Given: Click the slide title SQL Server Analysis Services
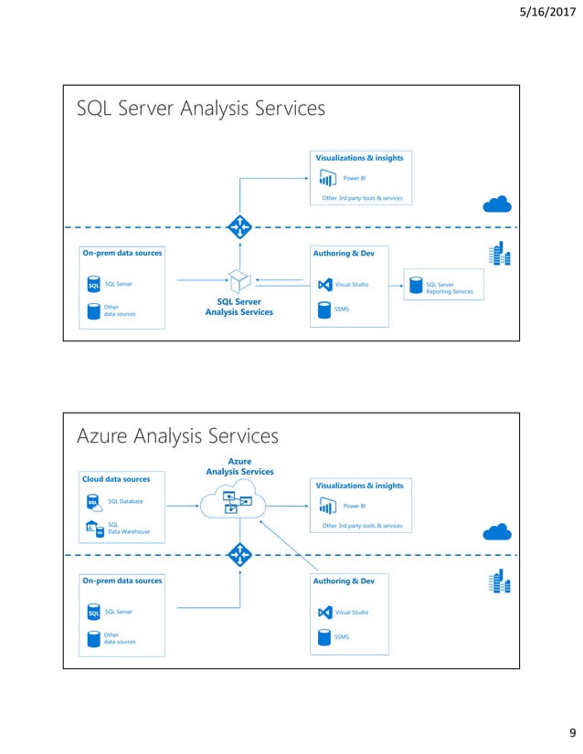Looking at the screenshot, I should (200, 109).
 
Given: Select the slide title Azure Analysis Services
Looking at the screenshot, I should (177, 436).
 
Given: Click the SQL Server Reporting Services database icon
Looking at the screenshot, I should (416, 286).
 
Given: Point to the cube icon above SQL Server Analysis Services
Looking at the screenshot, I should (238, 279).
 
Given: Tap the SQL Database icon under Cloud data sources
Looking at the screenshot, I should (93, 501).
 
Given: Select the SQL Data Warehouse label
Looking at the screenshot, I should (128, 528).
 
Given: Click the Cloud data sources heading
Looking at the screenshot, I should (117, 478).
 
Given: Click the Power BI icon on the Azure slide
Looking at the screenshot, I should (324, 505).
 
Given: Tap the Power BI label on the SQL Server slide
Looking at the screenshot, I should (354, 178).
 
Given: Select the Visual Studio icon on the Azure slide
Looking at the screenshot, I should (323, 613).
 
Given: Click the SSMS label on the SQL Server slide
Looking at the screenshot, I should (343, 309).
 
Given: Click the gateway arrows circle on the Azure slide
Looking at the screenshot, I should (239, 554).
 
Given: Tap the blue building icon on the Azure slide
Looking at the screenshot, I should (500, 582).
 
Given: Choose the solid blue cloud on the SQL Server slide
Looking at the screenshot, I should (498, 204).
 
